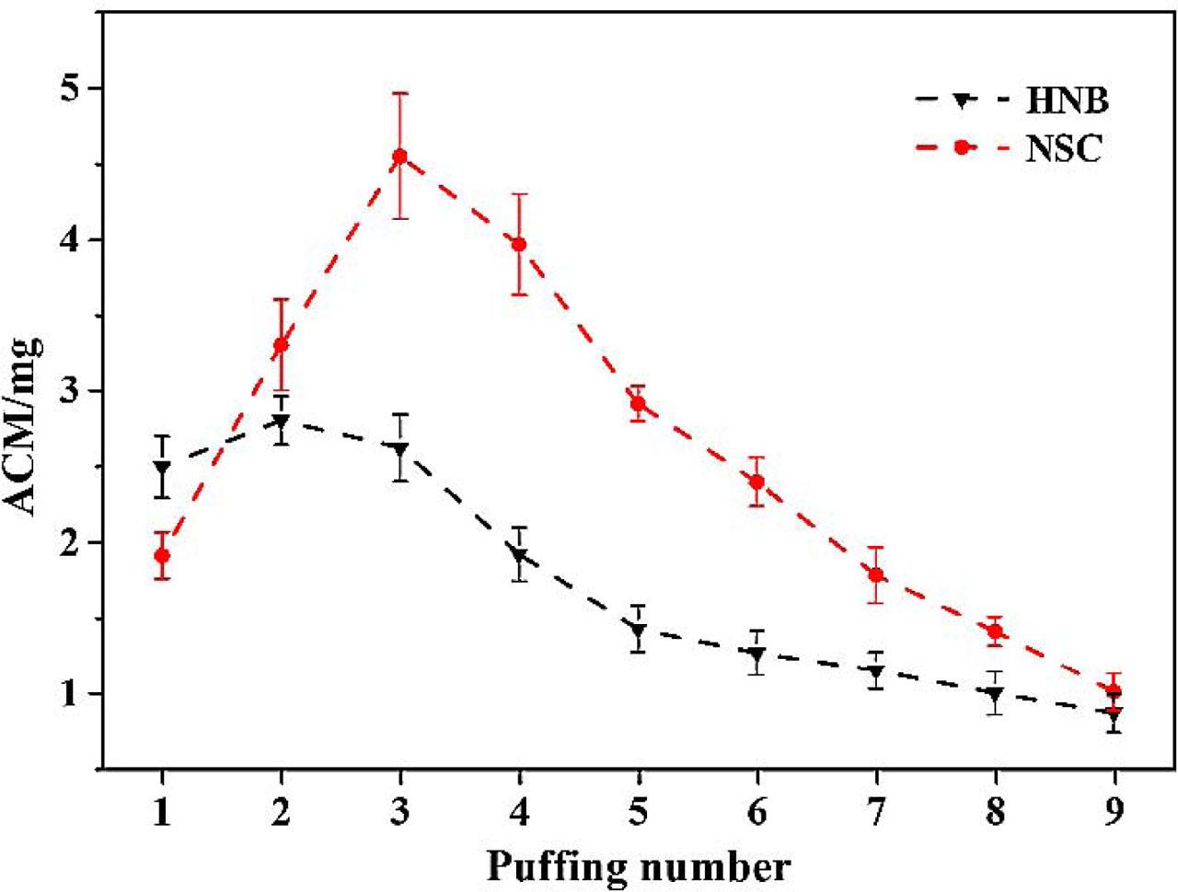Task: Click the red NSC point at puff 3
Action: point(399,156)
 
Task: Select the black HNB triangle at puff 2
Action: point(281,423)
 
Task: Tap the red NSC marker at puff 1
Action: point(162,555)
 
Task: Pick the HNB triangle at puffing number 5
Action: point(638,631)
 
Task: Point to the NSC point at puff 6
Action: point(756,481)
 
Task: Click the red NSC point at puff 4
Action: point(519,244)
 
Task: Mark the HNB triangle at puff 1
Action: point(162,468)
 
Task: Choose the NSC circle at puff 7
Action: point(876,574)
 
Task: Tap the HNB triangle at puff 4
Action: point(519,556)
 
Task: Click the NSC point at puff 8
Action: point(995,631)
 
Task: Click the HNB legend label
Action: point(1067,101)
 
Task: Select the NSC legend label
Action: point(1063,148)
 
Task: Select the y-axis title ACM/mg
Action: point(28,428)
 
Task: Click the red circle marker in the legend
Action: point(962,147)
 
